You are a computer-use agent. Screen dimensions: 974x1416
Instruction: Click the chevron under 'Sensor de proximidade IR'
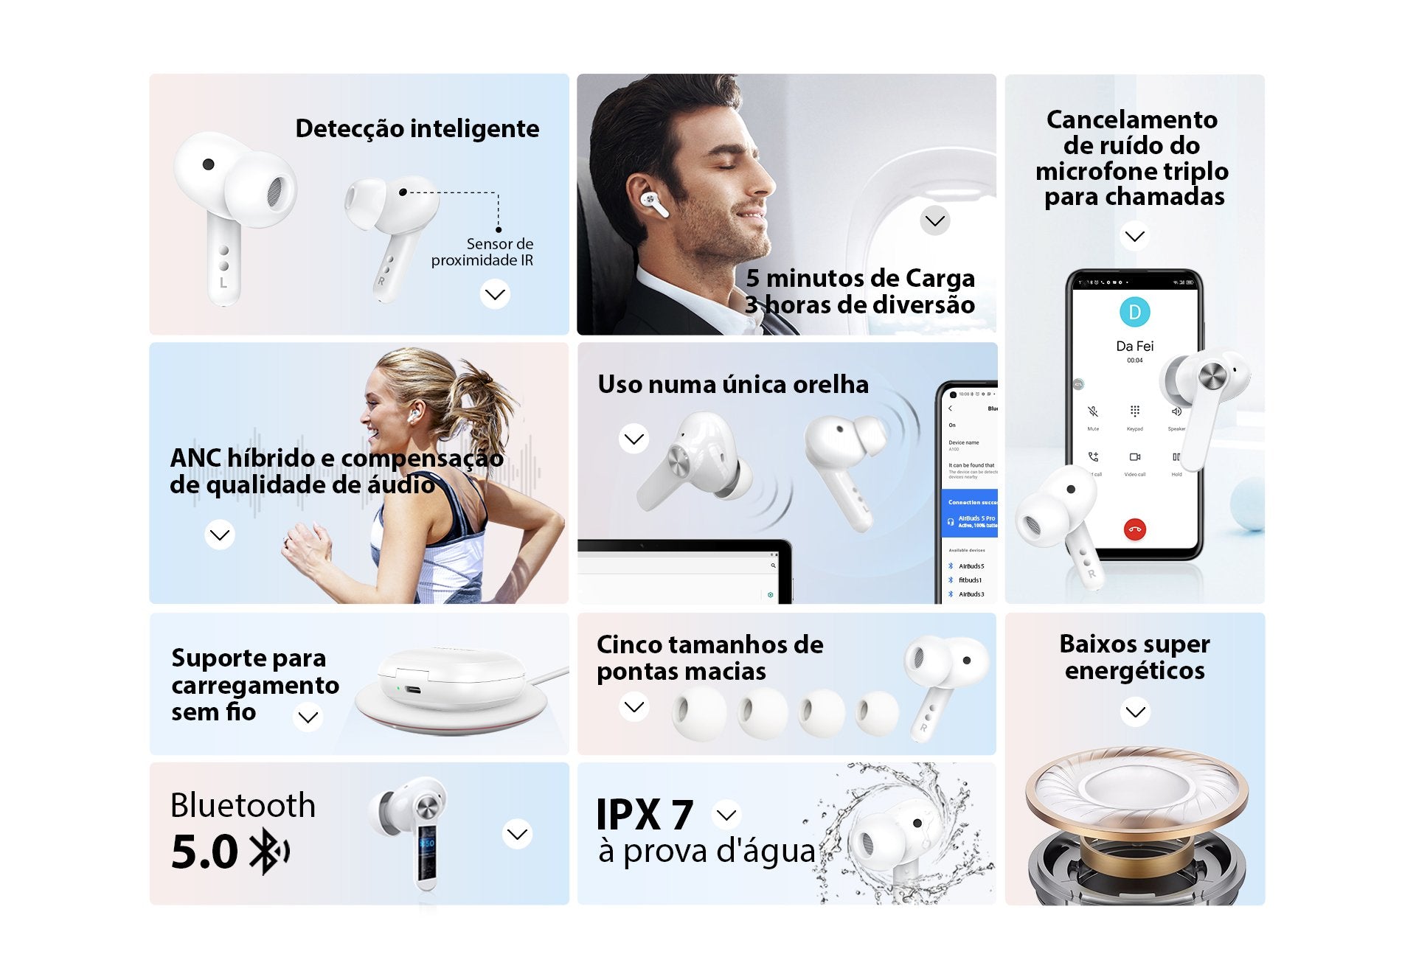[495, 295]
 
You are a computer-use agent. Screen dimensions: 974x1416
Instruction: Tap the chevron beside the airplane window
[935, 220]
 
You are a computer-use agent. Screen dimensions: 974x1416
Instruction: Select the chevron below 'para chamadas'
[1134, 236]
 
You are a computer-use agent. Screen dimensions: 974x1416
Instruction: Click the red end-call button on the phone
[1134, 529]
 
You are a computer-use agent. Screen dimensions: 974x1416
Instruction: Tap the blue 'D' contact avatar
[1134, 312]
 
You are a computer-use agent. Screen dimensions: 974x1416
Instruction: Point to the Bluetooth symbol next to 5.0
[268, 852]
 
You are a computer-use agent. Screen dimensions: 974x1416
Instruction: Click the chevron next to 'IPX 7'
[727, 815]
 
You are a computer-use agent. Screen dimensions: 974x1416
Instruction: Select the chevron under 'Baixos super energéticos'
[1135, 712]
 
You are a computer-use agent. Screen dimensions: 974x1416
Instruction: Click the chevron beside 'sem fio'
[308, 717]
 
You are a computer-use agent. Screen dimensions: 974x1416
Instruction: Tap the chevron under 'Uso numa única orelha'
[634, 439]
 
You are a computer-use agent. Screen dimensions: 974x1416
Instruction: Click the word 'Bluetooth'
[243, 805]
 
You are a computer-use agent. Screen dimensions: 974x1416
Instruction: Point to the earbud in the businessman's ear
[653, 201]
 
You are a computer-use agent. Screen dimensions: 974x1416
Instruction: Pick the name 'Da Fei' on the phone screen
[1134, 346]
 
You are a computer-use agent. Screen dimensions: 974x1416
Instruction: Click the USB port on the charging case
[412, 690]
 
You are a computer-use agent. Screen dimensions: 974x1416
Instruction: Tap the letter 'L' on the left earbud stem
[223, 282]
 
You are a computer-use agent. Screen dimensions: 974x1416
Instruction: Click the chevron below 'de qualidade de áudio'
[220, 535]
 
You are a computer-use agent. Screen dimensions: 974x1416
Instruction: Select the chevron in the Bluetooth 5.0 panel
[517, 834]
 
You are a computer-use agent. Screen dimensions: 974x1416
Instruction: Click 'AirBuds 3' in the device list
[971, 594]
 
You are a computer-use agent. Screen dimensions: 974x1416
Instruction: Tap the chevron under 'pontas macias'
[634, 706]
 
